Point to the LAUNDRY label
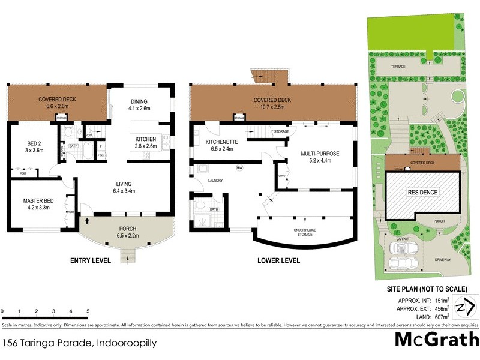pos(215,179)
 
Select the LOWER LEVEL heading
pos(278,260)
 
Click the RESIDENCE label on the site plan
pos(423,193)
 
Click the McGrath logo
pos(436,340)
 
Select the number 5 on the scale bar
pos(88,312)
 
